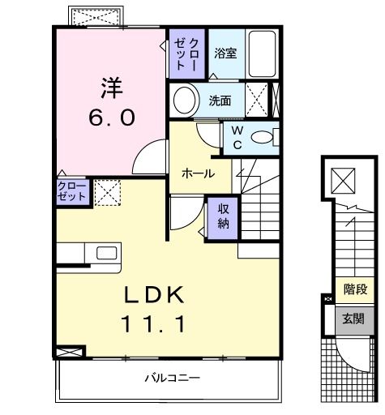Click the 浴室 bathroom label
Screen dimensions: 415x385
click(x=225, y=53)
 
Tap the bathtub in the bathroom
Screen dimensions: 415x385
click(x=261, y=53)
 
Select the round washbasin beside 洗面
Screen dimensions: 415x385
click(x=186, y=101)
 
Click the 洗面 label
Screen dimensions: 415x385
click(x=220, y=101)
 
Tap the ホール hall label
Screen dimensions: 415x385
click(x=197, y=173)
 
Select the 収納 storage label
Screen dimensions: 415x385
click(x=223, y=216)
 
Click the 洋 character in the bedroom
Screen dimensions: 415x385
click(x=112, y=84)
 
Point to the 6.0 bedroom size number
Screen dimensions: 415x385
click(x=112, y=117)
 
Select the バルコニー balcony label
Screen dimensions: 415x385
click(x=173, y=378)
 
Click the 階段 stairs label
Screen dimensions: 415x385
click(x=353, y=289)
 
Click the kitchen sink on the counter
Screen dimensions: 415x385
click(x=107, y=252)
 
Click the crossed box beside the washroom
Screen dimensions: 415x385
click(x=259, y=101)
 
